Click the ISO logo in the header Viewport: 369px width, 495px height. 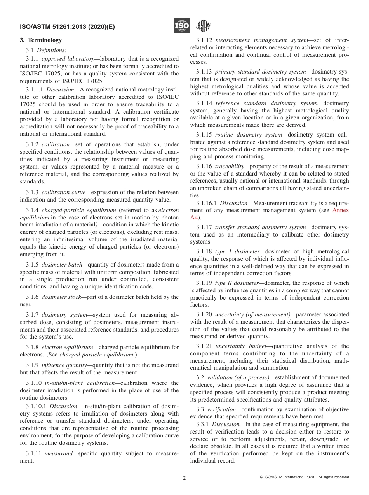click(182, 26)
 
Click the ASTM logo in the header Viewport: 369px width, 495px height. click(203, 26)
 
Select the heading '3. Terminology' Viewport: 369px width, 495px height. click(40, 40)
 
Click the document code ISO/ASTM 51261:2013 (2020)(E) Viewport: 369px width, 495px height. click(67, 27)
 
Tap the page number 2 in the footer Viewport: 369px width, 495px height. click(184, 478)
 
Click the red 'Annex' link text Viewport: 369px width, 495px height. click(341, 211)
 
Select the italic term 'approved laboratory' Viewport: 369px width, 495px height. click(68, 59)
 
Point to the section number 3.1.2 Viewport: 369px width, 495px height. click(32, 144)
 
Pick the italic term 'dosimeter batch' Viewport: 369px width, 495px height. click(62, 265)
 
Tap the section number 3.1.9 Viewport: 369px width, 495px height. click(32, 365)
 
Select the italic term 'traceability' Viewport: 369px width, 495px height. click(229, 166)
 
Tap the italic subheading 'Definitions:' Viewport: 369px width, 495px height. click(52, 50)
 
